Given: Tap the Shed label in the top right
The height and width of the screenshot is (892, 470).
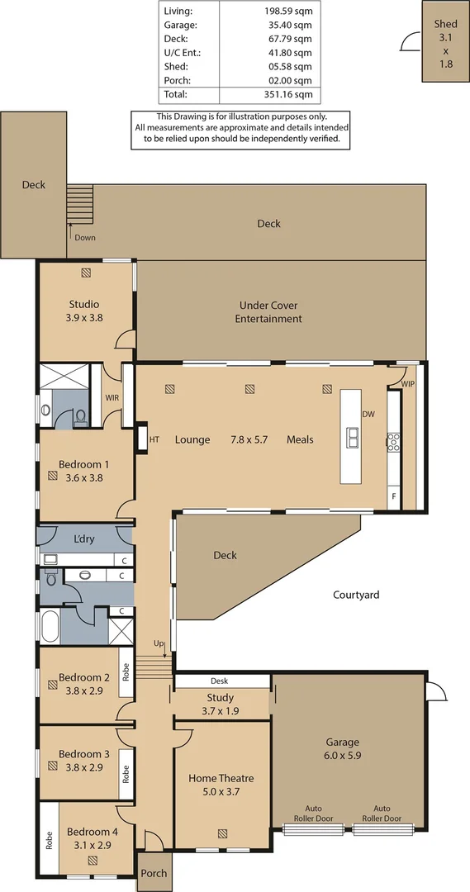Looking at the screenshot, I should point(445,25).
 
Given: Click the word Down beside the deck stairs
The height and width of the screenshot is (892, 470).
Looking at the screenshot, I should point(84,238).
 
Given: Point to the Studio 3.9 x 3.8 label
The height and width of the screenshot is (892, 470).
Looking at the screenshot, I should point(84,310).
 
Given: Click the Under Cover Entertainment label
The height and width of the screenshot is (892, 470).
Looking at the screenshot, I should point(268,311).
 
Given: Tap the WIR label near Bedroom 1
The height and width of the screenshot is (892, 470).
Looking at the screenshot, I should point(112,397).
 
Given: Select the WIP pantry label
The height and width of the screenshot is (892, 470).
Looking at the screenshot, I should point(407,385).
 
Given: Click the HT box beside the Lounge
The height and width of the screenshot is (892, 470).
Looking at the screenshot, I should point(154,439).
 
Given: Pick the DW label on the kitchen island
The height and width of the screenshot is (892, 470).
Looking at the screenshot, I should point(368,415).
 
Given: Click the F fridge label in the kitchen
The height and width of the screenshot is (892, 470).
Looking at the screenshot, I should point(394,496).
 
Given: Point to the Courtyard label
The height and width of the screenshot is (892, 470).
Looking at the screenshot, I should point(356,594).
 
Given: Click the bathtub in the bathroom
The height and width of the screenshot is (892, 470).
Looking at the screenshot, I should point(48,625).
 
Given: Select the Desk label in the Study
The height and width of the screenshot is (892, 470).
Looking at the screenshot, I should point(219,681).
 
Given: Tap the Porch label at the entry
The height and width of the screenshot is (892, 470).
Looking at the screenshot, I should point(154,873).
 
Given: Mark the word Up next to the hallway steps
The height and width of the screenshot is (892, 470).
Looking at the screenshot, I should point(159,643).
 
